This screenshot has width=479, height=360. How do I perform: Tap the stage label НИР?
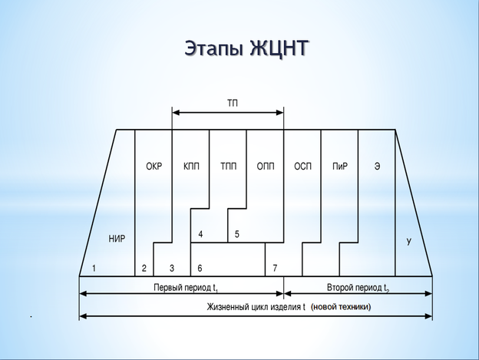point(117,239)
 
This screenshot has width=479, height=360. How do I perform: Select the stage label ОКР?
point(154,166)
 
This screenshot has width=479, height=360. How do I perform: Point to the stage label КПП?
point(191,166)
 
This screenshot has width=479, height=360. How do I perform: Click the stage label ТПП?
point(228,166)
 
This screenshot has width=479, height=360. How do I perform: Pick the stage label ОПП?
point(266,166)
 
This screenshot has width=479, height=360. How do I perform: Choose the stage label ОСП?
point(302,166)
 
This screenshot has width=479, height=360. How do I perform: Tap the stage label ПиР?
point(340,166)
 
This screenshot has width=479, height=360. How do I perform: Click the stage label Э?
point(377,166)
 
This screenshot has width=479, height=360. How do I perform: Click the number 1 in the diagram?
point(94,268)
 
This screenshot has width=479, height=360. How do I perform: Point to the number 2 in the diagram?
point(144,268)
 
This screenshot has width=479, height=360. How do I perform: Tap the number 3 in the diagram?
point(171,268)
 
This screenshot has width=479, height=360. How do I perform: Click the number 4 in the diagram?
point(200,233)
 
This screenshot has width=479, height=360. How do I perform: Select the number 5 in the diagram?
point(236,233)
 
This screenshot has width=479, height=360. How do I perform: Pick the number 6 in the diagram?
point(200,268)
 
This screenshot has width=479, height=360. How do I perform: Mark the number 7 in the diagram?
point(274,268)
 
